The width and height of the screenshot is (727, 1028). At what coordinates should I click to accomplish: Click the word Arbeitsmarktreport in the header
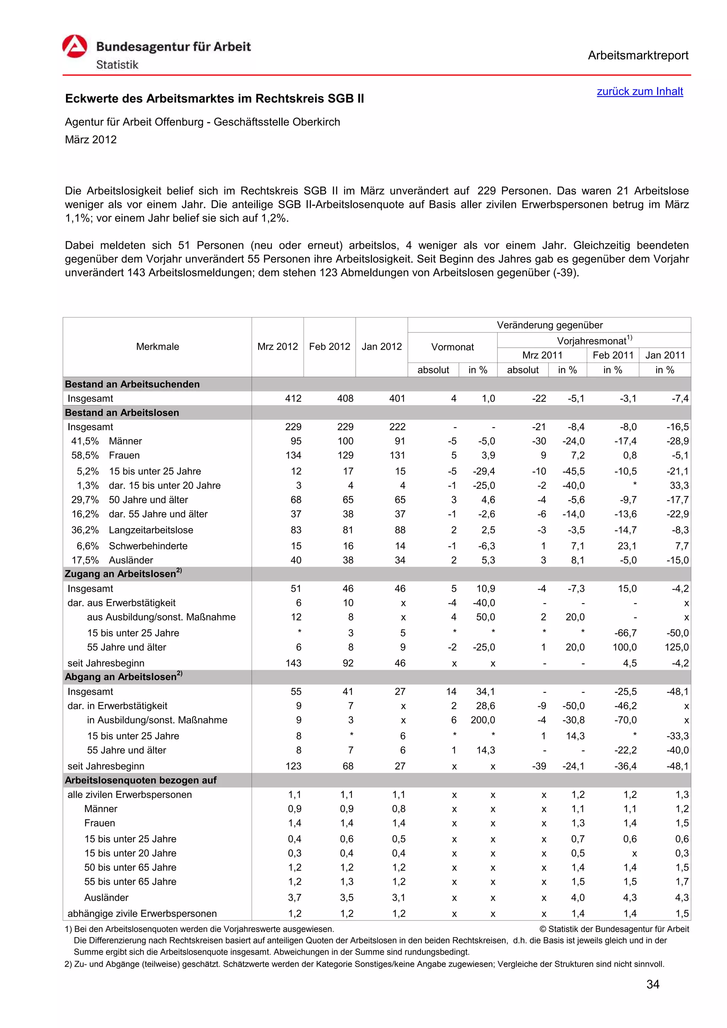click(638, 56)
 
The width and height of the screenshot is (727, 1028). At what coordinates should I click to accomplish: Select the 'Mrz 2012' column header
click(277, 347)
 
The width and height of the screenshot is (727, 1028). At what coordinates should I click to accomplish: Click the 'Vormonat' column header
click(452, 347)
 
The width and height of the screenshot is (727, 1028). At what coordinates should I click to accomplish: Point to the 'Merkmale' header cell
click(157, 347)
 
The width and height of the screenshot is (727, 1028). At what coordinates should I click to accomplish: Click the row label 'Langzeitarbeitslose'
click(151, 530)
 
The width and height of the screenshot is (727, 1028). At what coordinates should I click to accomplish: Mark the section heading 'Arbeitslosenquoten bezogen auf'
click(140, 780)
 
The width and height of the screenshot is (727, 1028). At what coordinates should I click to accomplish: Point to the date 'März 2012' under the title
click(91, 140)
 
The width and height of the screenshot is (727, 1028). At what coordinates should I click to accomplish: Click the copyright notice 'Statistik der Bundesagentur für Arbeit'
click(618, 929)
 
